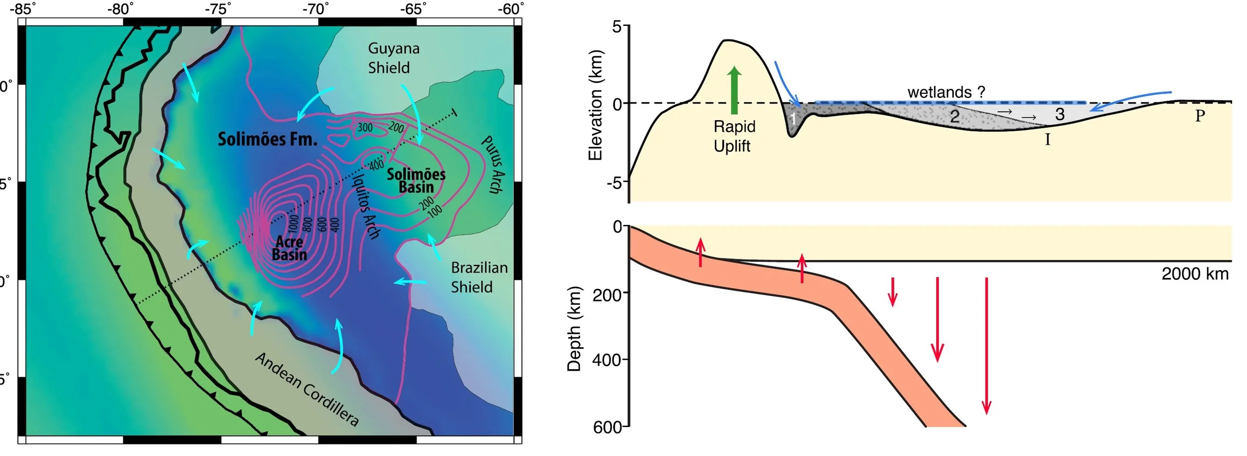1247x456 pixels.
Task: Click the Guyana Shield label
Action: pos(394,58)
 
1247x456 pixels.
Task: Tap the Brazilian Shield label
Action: pos(479,277)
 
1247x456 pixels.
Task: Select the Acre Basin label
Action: pos(289,248)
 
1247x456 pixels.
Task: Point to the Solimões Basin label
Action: pos(416,181)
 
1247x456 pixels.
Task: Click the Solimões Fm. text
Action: pos(267,139)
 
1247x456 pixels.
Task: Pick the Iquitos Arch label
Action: pos(367,206)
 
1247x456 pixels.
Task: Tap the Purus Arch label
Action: pos(493,164)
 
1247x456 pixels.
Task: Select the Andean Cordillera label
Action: pos(307,389)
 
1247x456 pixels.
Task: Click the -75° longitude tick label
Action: pos(218,9)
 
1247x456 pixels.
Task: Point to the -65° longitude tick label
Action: pos(414,9)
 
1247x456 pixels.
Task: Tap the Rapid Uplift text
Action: pos(734,136)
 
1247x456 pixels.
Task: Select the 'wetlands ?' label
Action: pos(946,92)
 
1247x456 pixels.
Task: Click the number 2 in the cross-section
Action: pos(954,116)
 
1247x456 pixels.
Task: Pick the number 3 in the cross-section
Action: pos(1060,114)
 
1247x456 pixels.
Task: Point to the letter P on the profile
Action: pos(1200,116)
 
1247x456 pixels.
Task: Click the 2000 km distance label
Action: pos(1195,274)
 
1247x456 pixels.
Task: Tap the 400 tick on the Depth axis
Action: pos(607,360)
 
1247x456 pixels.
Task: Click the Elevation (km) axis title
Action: pos(596,105)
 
